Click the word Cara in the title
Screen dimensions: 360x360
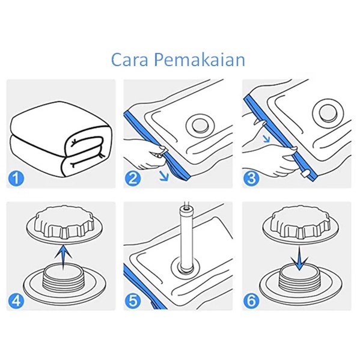pyautogui.click(x=129, y=59)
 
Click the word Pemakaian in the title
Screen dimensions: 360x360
pyautogui.click(x=200, y=59)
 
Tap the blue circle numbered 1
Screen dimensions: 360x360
pyautogui.click(x=16, y=178)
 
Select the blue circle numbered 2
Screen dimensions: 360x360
pyautogui.click(x=133, y=178)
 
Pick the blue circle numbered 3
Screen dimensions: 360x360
pyautogui.click(x=252, y=178)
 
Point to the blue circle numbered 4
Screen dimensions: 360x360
pyautogui.click(x=16, y=301)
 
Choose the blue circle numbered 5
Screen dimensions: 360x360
pyautogui.click(x=133, y=301)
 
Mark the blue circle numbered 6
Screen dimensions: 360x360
pyautogui.click(x=252, y=301)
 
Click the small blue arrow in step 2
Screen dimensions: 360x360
pyautogui.click(x=164, y=176)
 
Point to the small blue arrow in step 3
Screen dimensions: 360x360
pyautogui.click(x=266, y=138)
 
